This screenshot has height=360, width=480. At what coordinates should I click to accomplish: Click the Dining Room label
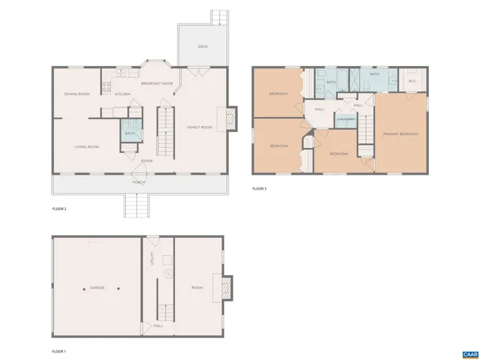[76, 94]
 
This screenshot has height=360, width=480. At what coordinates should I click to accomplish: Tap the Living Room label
[87, 146]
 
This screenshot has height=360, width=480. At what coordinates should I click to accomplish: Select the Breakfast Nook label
[157, 83]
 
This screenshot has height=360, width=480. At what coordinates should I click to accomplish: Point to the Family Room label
[199, 127]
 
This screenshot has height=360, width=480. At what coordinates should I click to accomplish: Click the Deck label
[202, 46]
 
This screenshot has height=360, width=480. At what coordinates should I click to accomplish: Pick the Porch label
[138, 182]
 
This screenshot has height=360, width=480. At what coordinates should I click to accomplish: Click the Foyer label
[147, 160]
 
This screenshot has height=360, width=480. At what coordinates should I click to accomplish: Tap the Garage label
[97, 287]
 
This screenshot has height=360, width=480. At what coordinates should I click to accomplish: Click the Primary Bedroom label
[400, 133]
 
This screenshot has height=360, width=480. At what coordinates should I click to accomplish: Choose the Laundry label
[345, 119]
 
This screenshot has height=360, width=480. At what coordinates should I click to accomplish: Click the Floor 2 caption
[59, 208]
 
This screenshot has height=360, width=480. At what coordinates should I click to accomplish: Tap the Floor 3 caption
[259, 188]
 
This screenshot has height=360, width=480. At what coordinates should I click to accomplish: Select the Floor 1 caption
[59, 351]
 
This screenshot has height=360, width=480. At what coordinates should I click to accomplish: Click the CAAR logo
[469, 352]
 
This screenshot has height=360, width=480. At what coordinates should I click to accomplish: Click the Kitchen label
[123, 94]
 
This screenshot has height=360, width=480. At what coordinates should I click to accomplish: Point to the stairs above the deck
[219, 16]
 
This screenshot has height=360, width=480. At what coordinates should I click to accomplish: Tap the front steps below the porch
[136, 205]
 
